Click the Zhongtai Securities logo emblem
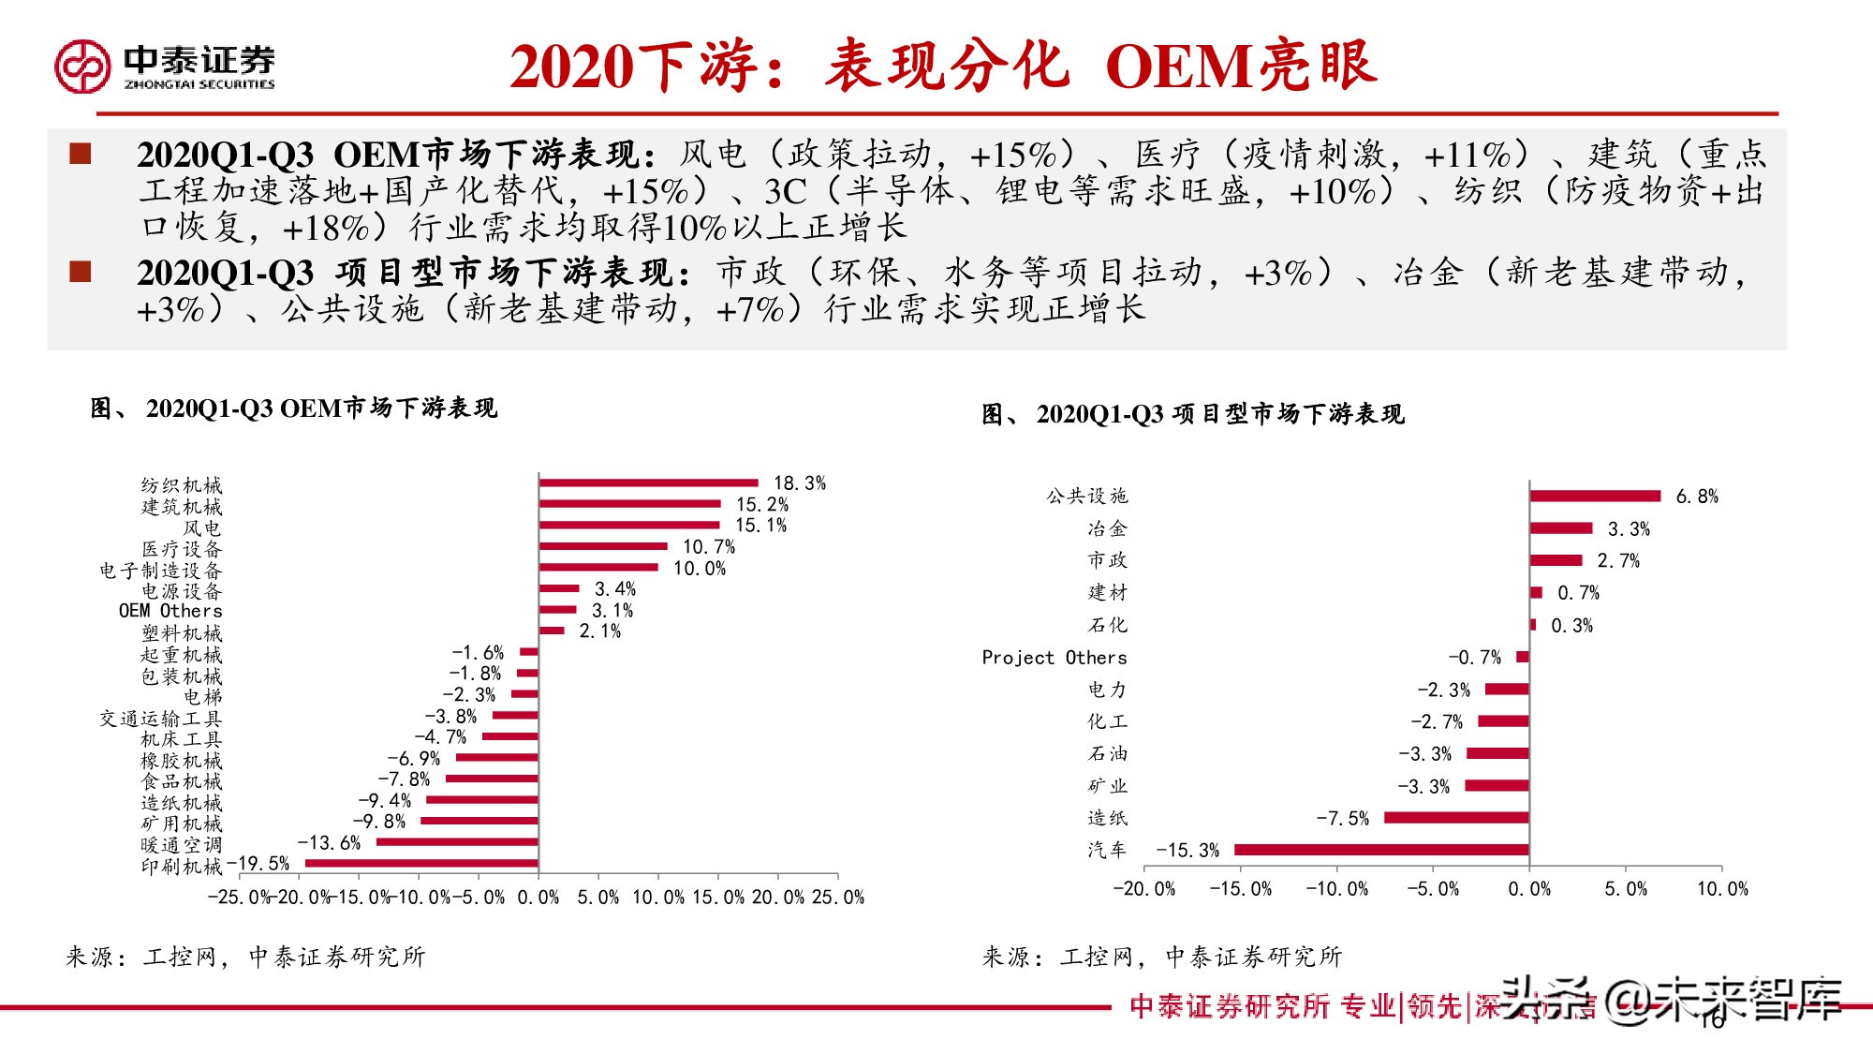(x=82, y=66)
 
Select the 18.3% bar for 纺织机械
(x=648, y=483)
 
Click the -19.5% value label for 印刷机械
(x=258, y=864)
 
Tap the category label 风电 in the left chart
(x=202, y=527)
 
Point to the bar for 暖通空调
(x=457, y=842)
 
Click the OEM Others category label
(x=170, y=611)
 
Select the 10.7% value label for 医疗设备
(x=709, y=547)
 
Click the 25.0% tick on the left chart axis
(x=838, y=898)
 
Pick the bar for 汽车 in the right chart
(x=1381, y=850)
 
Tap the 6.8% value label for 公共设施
(x=1697, y=497)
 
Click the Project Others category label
(x=1054, y=658)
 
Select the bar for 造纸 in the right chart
(x=1456, y=818)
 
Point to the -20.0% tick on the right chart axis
(x=1143, y=889)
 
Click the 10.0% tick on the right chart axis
(x=1722, y=889)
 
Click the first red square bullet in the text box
(x=81, y=154)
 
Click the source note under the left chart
(x=245, y=957)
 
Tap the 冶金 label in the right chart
(x=1107, y=528)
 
